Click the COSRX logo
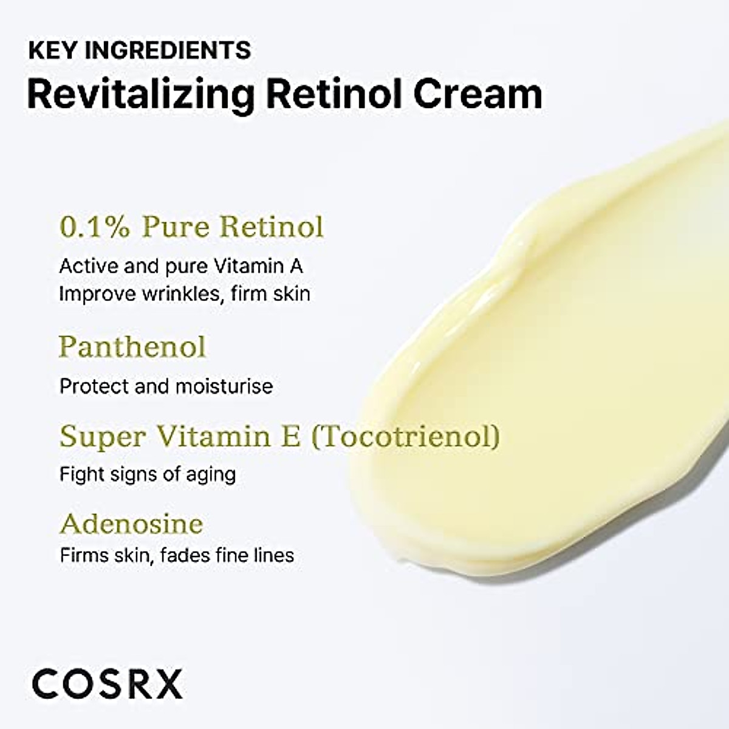[108, 684]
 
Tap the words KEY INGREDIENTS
[140, 50]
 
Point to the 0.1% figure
[95, 227]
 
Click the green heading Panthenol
[132, 347]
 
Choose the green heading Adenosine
[131, 524]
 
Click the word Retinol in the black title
[335, 94]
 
